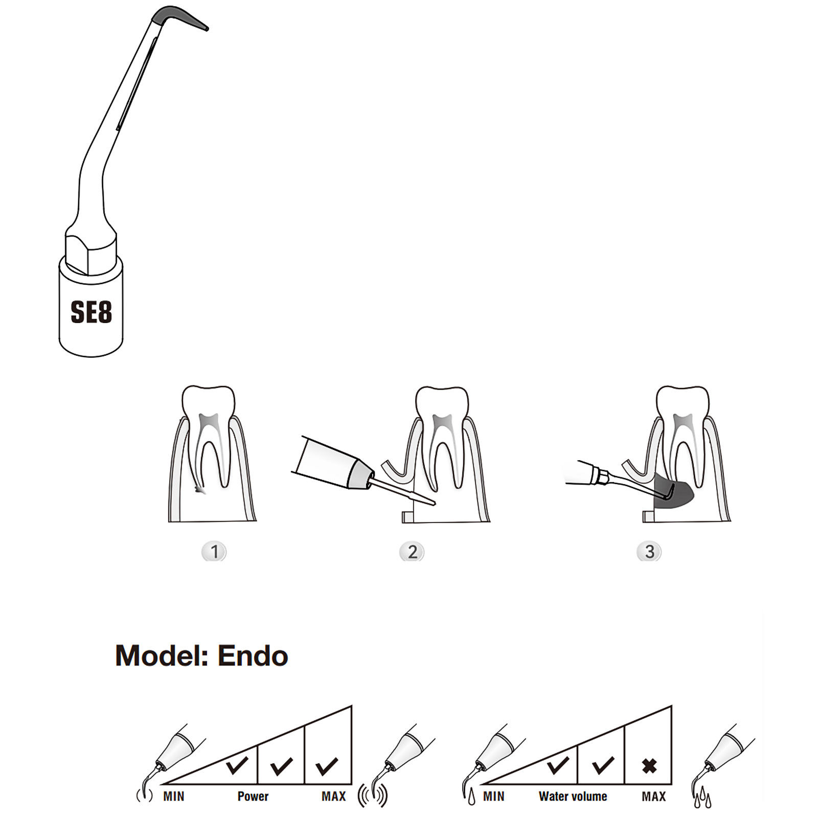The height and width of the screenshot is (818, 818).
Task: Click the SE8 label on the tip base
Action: coord(91,312)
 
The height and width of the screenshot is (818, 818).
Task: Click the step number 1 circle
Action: coord(214,552)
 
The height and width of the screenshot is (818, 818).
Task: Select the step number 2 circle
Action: coord(412,552)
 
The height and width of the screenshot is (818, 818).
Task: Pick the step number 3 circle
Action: coord(649,552)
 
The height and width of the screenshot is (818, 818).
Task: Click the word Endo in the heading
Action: coord(253,656)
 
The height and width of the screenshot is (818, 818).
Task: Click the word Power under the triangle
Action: coord(253,796)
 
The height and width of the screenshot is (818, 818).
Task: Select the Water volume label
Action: coord(573,796)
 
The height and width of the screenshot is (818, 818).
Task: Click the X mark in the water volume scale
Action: coord(649,766)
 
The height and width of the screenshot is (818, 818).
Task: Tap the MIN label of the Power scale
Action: coord(174,796)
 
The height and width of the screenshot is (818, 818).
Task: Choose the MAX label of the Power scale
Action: coord(334,796)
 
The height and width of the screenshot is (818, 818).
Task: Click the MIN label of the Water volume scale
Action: coord(494,796)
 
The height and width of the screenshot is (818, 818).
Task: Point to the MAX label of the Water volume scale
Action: coord(654,796)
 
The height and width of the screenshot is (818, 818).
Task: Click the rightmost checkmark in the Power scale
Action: coord(327,765)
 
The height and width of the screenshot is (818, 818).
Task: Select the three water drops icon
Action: coord(702,798)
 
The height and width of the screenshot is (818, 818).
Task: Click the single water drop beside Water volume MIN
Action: coord(471,797)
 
